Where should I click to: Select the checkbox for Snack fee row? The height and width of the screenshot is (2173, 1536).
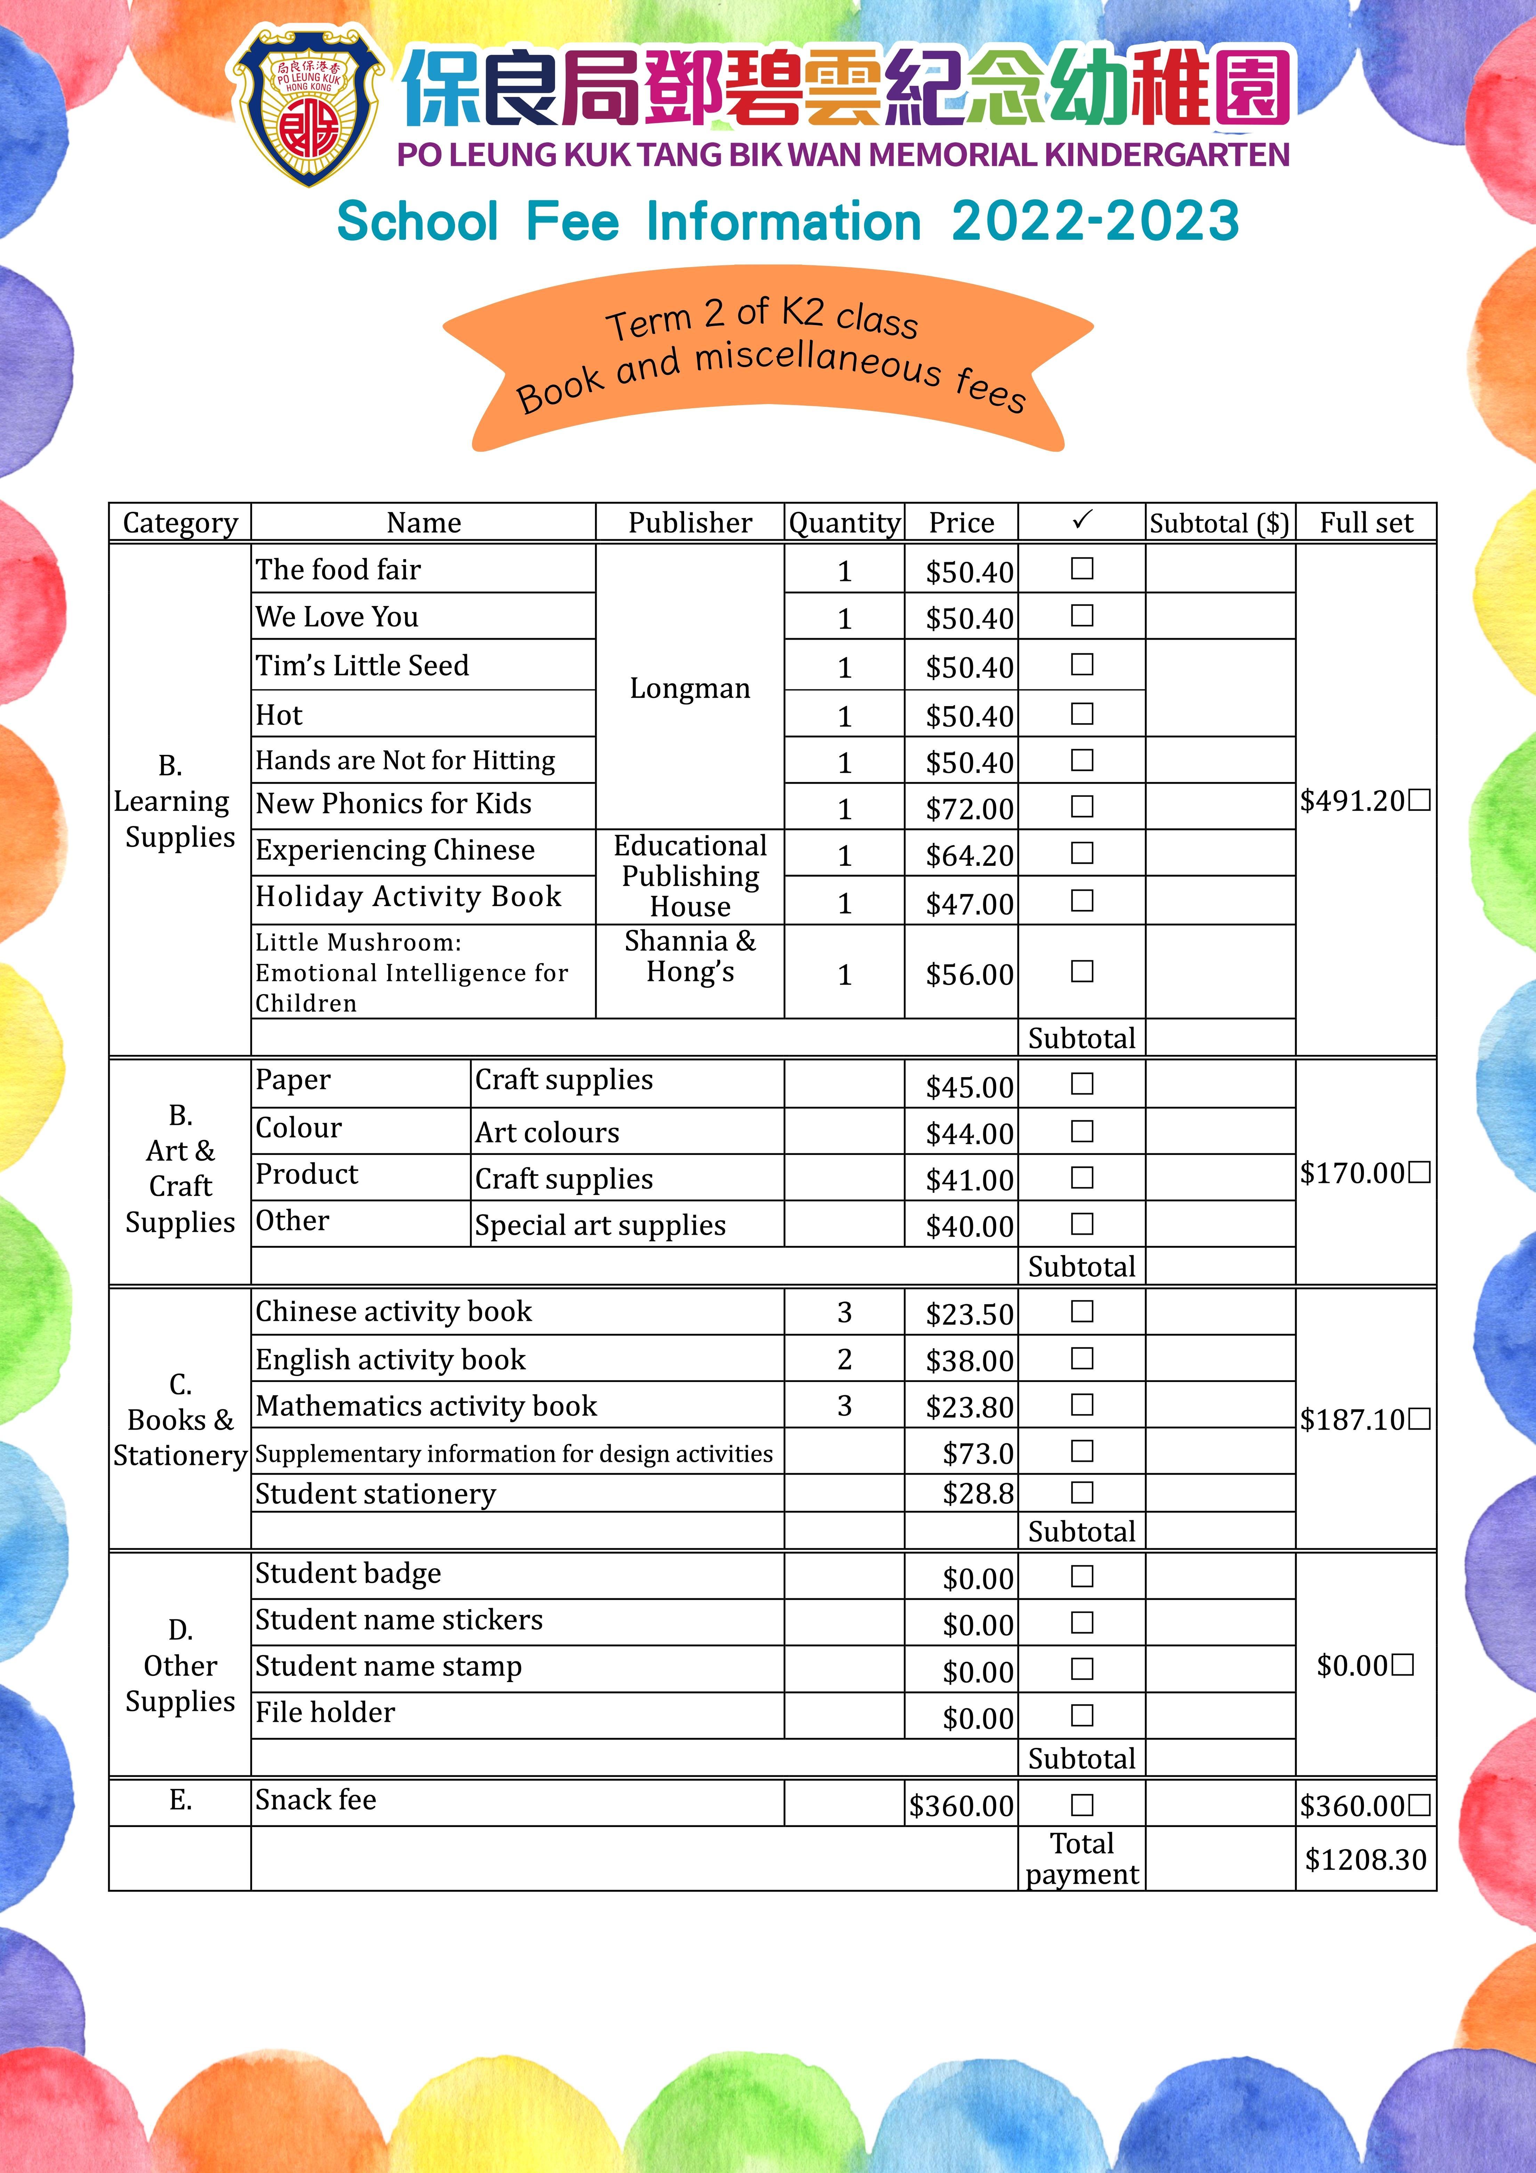pos(1082,1805)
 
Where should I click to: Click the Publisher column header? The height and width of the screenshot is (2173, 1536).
pos(690,523)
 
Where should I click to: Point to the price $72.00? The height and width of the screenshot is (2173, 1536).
pos(969,809)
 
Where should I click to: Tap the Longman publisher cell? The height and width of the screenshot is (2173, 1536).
pos(690,688)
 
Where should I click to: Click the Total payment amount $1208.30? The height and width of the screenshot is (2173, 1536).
pos(1365,1860)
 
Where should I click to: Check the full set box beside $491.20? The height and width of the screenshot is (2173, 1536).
pos(1419,801)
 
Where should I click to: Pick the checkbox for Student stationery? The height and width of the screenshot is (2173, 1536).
pos(1082,1493)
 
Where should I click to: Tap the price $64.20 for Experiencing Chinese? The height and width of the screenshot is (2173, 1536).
pos(969,856)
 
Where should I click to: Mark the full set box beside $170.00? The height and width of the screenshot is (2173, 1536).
pos(1419,1173)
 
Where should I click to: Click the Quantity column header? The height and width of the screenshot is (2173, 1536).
pos(844,523)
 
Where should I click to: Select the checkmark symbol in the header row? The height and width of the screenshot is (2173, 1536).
pos(1082,520)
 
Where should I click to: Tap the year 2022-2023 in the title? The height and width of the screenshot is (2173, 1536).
pos(1095,221)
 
